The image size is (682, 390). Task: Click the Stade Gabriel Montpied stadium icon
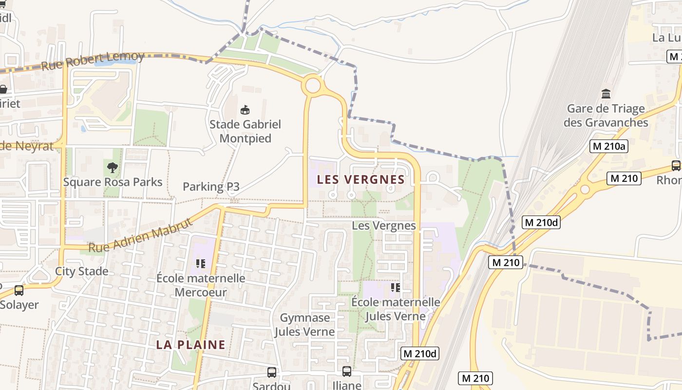[245, 110]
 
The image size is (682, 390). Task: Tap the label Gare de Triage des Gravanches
[606, 116]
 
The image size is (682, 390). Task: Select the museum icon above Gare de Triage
[606, 94]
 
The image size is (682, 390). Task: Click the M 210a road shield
[608, 146]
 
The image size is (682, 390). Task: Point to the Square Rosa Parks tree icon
[113, 168]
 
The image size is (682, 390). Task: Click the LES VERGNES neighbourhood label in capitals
[361, 179]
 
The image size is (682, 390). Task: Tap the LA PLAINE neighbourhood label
[190, 345]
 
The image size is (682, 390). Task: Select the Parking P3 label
[211, 186]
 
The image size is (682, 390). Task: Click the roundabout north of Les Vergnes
[313, 86]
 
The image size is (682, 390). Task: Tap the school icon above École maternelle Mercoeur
[200, 264]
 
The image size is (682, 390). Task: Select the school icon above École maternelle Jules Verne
[395, 288]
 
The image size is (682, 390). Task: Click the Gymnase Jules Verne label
[304, 325]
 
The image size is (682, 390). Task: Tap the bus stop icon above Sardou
[272, 372]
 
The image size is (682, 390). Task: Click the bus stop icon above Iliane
[346, 371]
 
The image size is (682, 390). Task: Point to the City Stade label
[81, 271]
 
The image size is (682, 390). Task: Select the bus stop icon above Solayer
[19, 291]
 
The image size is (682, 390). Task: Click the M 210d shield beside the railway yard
[541, 223]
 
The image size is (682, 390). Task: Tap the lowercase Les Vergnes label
[383, 225]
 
